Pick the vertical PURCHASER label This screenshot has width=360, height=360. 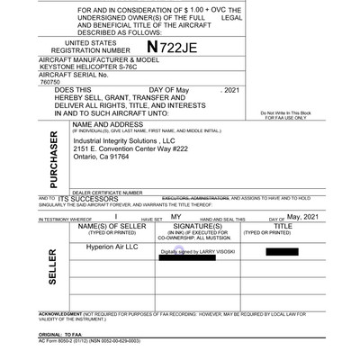[x=51, y=160]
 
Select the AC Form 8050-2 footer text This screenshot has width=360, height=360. [x=88, y=342]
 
